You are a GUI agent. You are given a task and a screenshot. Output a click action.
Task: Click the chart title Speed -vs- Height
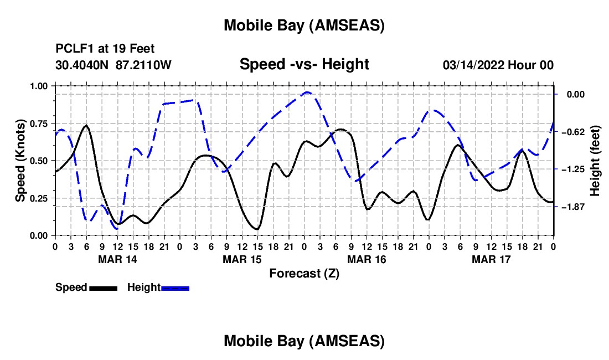pos(304,65)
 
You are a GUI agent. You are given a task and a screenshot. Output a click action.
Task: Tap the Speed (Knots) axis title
pos(20,160)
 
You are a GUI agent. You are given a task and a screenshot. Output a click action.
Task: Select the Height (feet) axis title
pos(595,160)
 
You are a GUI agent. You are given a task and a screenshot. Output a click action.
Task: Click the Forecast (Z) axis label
pos(304,273)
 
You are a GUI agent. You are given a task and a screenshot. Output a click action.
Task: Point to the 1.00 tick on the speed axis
pos(39,86)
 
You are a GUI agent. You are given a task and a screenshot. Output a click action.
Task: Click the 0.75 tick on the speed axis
pos(39,123)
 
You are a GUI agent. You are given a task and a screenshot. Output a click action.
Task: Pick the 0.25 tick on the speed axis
pos(39,198)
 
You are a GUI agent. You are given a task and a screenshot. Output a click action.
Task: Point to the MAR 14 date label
pos(117,259)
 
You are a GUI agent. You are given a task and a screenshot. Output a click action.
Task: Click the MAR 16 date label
pos(366,259)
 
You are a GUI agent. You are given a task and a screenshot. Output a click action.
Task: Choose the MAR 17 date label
pos(491,259)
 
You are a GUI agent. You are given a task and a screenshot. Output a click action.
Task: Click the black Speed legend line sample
pos(103,287)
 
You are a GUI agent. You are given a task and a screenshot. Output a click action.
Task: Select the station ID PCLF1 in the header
pos(74,49)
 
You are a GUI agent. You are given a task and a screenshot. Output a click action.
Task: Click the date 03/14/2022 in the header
pos(474,65)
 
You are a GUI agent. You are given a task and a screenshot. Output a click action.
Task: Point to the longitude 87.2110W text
pos(143,65)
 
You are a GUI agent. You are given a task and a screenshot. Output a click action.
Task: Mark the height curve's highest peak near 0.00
pos(307,92)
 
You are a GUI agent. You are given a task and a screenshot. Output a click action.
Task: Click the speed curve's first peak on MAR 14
pos(86,126)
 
